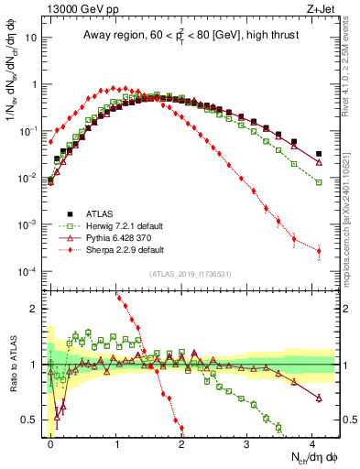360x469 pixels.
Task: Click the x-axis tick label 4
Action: pos(311,442)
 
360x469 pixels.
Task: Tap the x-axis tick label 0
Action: pos(51,442)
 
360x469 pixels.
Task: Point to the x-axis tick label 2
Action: pos(181,442)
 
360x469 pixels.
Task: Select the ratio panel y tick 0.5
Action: pos(33,420)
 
